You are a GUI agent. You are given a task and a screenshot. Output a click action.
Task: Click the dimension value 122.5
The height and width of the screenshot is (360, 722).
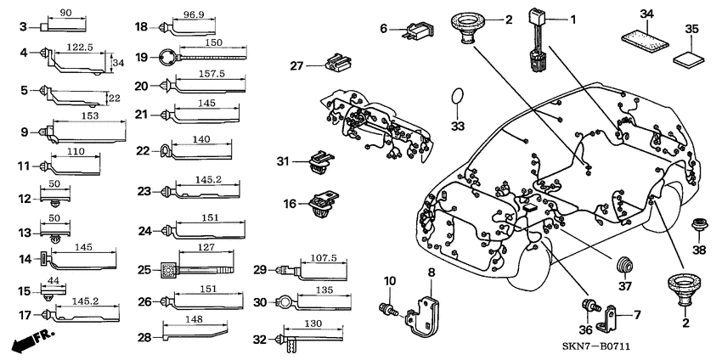[78, 48]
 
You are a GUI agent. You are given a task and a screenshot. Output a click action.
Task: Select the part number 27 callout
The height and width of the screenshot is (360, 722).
[296, 66]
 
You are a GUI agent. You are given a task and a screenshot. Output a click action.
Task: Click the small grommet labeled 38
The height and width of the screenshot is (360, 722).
[700, 228]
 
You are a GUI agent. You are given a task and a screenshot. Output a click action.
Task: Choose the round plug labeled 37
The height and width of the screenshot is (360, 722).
[626, 266]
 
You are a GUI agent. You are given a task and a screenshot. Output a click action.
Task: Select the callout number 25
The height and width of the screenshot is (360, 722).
[144, 270]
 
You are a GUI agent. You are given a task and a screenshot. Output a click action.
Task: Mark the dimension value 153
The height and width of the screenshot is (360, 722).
[90, 114]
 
